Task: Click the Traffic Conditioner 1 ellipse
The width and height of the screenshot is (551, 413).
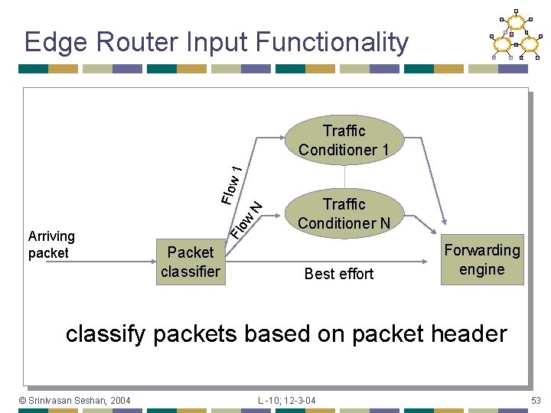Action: click(344, 140)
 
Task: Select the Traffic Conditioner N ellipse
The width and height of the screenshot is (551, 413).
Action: click(344, 213)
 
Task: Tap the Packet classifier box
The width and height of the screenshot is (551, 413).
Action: click(191, 262)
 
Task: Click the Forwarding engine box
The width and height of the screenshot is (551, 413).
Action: click(482, 259)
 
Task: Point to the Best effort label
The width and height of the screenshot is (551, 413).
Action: click(338, 274)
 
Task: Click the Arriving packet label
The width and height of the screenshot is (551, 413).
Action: click(51, 245)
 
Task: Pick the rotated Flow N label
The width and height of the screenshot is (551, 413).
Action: click(248, 218)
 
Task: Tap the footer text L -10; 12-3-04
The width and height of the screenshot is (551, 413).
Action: click(287, 400)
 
